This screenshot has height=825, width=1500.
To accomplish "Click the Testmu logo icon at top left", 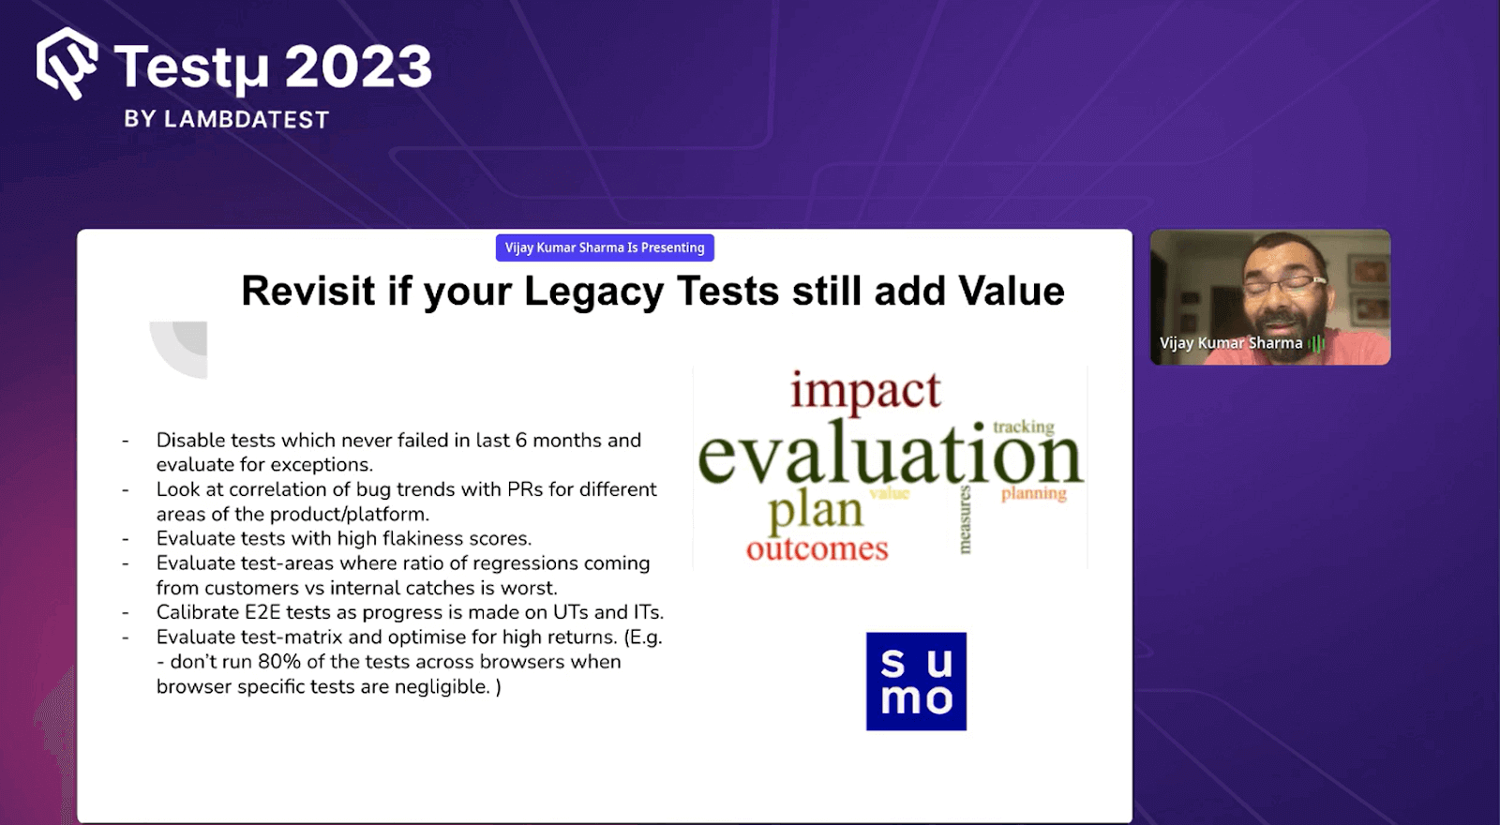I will coord(67,63).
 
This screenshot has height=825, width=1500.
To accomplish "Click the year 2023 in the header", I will coord(357,67).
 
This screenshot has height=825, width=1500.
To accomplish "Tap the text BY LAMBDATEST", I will coord(226,120).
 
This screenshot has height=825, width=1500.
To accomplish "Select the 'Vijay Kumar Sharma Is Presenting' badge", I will coord(605,247).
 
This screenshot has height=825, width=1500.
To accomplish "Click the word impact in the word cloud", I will coord(864,391).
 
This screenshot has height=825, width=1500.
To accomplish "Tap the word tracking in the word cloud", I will coord(1023,427).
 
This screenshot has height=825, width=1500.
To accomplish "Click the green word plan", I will coord(815,511).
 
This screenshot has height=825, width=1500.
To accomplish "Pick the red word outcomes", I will coord(817,549).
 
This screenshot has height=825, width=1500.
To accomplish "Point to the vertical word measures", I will coord(965,519).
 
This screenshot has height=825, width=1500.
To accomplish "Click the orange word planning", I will coord(1033,493).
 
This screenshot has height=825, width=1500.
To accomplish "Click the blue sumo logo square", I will coord(916,682).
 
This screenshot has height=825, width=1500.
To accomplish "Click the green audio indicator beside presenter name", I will coord(1316,344).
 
